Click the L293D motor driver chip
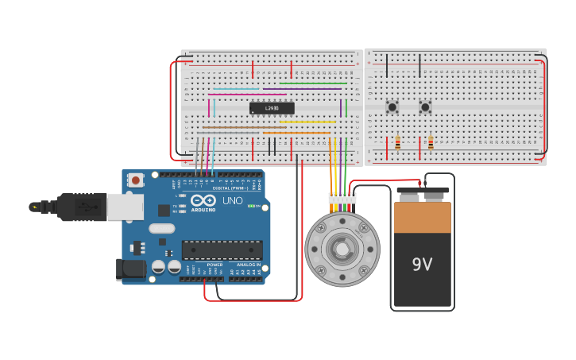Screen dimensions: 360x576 coord(272,108)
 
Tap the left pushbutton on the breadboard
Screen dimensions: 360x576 coord(392,106)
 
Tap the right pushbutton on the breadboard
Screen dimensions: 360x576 coord(425,106)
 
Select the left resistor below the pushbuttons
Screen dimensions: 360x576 coord(397,143)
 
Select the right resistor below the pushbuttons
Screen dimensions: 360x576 coord(431,143)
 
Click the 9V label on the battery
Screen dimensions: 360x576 coord(422,264)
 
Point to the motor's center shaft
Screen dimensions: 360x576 coord(342,250)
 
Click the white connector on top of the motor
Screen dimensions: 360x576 coord(342,199)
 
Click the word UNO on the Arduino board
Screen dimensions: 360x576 coord(233,201)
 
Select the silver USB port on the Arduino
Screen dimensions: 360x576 coord(125,207)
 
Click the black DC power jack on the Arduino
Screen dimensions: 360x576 coord(130,269)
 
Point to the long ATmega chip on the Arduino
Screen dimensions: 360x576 coord(222,250)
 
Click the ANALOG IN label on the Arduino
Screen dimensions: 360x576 coord(248,265)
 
